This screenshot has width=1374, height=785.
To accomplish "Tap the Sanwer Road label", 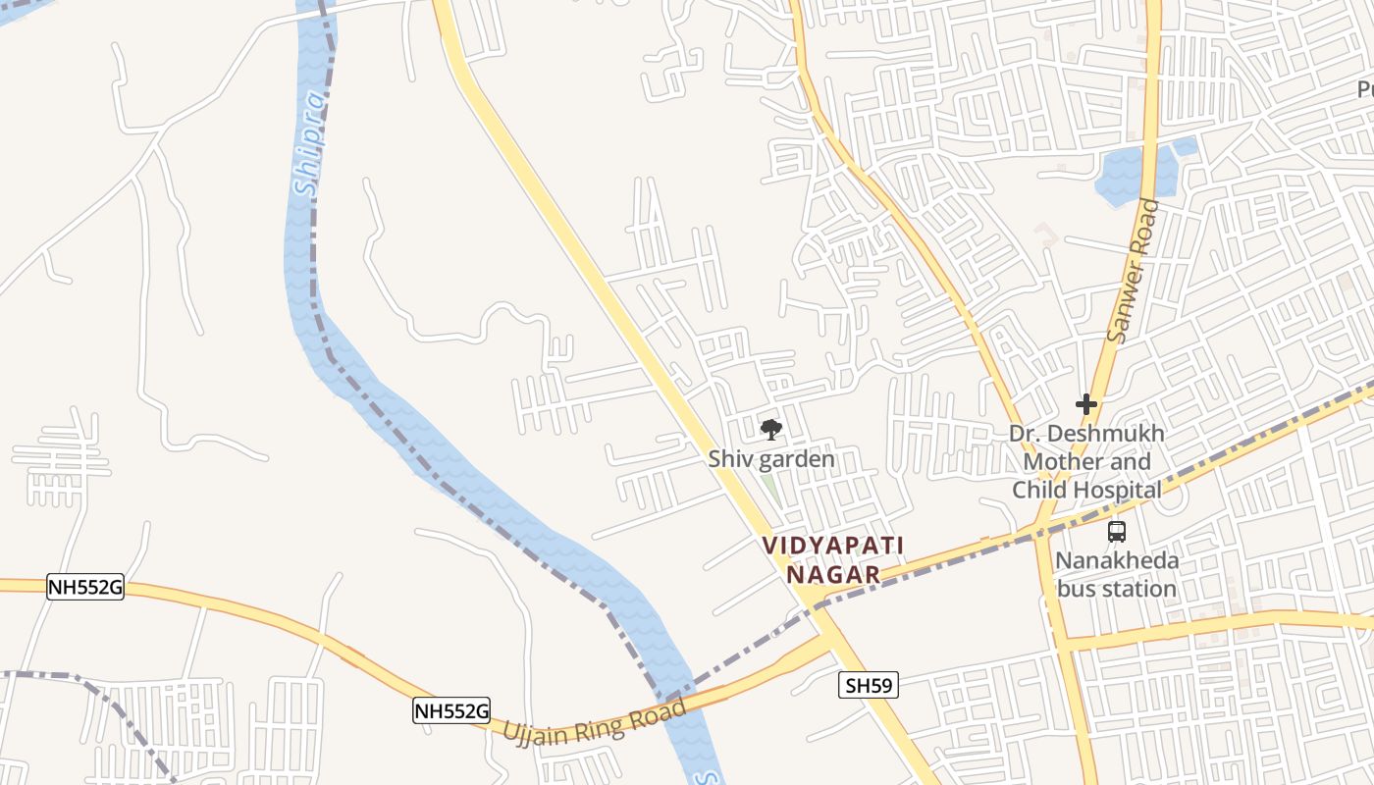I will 1133,272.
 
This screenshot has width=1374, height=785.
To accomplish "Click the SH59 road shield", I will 869,685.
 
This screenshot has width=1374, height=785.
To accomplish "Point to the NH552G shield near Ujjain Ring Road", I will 450,711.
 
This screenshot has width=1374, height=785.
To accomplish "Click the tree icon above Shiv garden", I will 771,430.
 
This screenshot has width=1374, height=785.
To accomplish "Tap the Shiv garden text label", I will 771,458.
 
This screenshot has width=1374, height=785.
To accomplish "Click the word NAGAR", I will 834,574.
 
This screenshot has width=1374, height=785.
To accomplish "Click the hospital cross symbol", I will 1086,403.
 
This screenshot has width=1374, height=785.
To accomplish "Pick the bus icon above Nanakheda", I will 1117,532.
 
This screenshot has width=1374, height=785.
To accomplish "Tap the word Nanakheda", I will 1117,561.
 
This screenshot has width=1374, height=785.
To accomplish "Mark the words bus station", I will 1117,589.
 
